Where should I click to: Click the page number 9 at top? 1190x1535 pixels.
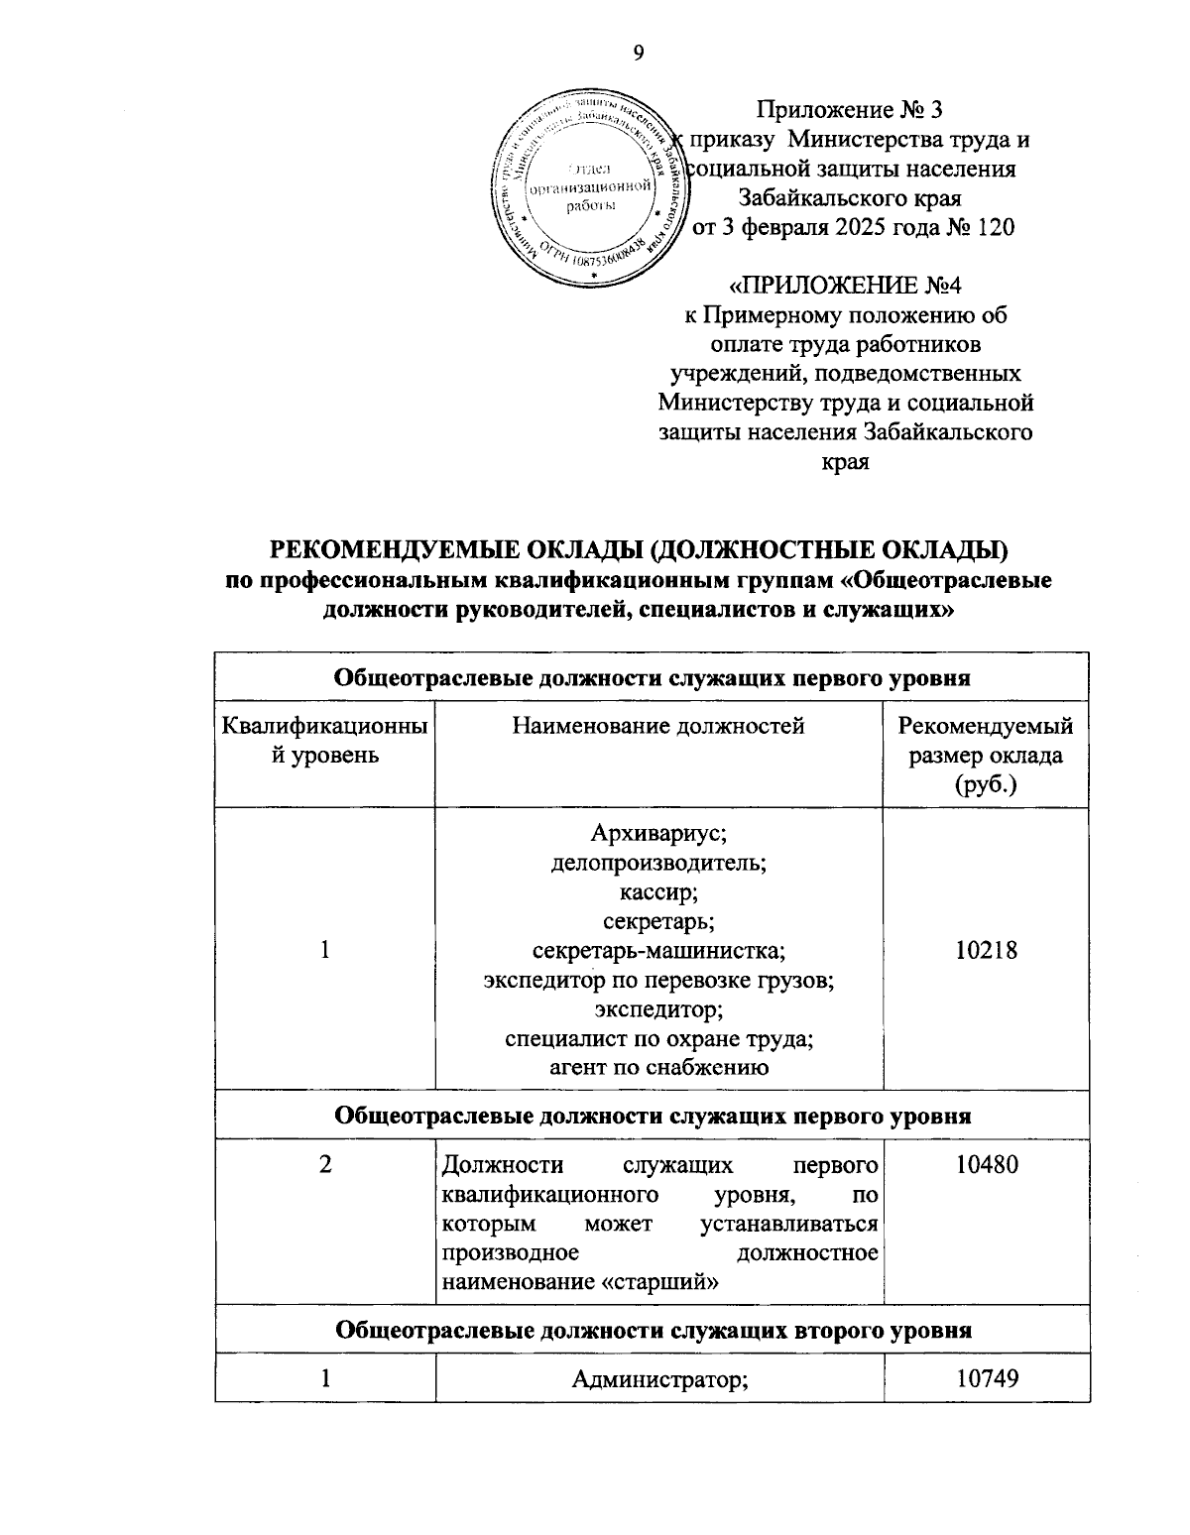tap(638, 54)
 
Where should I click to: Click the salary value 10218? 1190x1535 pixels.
tap(986, 950)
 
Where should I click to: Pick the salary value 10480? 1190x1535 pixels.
tap(986, 1164)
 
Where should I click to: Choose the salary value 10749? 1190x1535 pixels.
tap(986, 1377)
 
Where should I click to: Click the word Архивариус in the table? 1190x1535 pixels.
tap(658, 831)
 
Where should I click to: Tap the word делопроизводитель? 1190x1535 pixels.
tap(658, 861)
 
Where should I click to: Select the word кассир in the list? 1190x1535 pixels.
tap(658, 890)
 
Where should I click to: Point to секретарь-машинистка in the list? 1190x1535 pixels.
tap(658, 950)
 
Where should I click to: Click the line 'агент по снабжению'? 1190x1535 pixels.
tap(658, 1068)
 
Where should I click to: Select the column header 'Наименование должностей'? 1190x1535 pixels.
tap(658, 727)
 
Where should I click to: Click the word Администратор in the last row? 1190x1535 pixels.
tap(658, 1377)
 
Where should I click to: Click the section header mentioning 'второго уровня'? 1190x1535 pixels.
tap(653, 1330)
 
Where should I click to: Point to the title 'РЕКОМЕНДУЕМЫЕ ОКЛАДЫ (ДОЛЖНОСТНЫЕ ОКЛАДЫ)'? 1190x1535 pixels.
tap(639, 549)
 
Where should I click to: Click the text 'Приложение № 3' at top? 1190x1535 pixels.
tap(856, 110)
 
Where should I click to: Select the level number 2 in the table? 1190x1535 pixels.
tap(325, 1164)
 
